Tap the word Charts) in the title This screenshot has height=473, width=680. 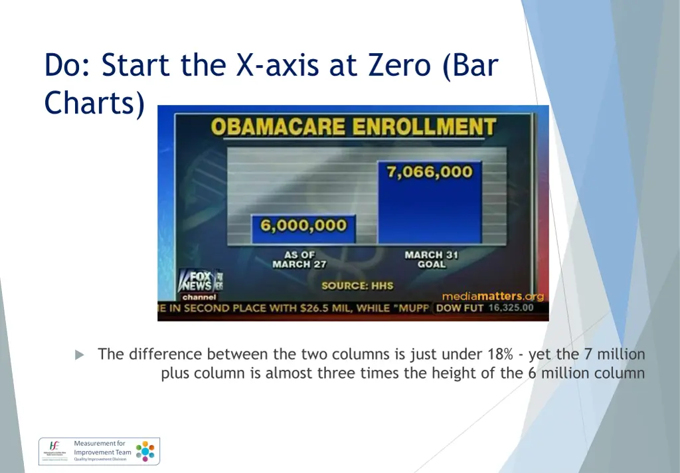94,104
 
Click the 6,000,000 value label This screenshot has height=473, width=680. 303,225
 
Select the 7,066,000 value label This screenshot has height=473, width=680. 430,171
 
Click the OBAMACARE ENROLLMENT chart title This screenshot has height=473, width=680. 353,126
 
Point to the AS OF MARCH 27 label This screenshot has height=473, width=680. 299,259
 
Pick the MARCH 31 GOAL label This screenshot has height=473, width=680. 431,259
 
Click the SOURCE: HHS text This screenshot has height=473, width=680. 357,286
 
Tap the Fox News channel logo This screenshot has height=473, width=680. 200,284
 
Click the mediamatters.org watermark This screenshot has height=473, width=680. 493,296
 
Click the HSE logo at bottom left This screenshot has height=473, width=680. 55,452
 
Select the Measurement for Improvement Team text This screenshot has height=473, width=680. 102,452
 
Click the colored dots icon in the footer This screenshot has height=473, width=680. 145,452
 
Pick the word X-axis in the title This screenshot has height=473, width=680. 284,65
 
